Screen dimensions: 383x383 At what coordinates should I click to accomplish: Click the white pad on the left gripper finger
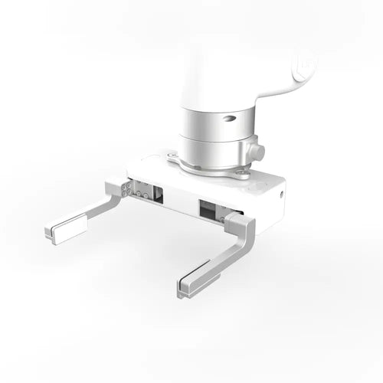click(67, 228)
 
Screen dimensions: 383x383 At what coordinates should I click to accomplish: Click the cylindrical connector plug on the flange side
click(257, 151)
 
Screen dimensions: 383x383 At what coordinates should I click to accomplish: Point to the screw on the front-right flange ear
click(244, 173)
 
